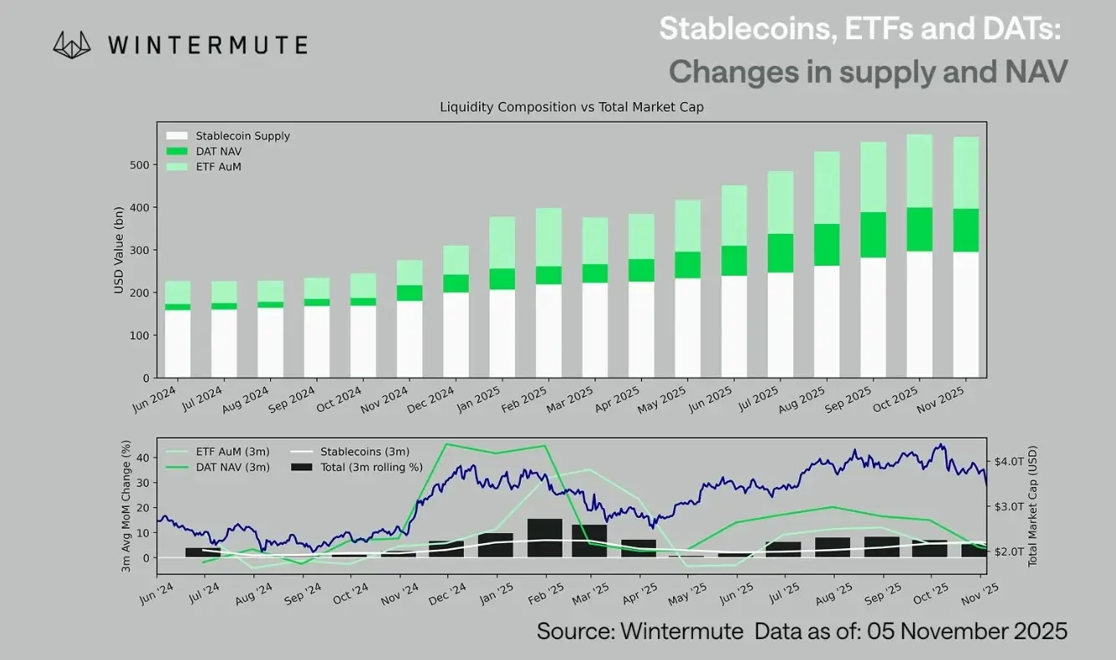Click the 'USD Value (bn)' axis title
point(120,250)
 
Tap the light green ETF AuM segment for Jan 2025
point(502,242)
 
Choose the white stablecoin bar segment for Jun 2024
point(177,343)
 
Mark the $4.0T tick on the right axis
point(1008,461)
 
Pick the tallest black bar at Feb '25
point(545,537)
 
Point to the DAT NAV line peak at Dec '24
point(448,444)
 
